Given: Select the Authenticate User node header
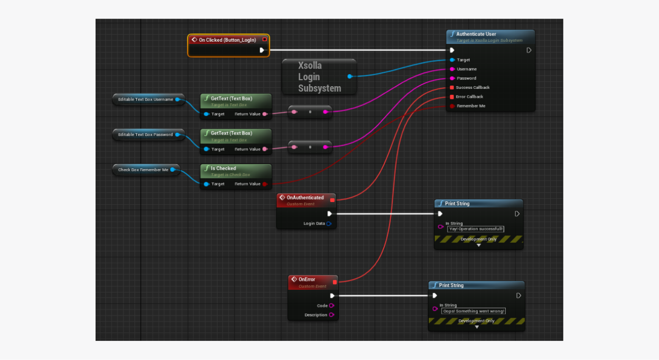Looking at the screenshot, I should coord(476,34).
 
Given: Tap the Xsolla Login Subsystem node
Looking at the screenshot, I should coord(319,77).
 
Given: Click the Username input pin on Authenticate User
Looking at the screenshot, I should coord(452,69).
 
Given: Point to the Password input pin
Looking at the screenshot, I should coord(452,78).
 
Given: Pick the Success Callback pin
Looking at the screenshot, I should coord(452,88).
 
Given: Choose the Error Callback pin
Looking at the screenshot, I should coord(452,97).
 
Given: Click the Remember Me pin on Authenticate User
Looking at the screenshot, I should coord(452,106).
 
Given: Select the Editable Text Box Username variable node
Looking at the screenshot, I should coord(146,99).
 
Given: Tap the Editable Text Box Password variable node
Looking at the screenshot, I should coord(146,134).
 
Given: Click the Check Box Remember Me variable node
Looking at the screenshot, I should coord(143,170).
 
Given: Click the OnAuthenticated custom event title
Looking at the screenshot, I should coord(305,198).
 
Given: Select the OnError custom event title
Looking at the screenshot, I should coord(306,279).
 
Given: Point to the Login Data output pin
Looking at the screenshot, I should coord(329,224).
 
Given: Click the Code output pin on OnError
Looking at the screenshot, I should coord(332,306).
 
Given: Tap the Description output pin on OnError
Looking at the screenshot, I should coord(332,315).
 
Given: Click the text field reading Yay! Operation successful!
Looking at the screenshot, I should coord(476,229).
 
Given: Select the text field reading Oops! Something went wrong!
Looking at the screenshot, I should coord(474,311).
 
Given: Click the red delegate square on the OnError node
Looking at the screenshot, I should coord(335,282).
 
